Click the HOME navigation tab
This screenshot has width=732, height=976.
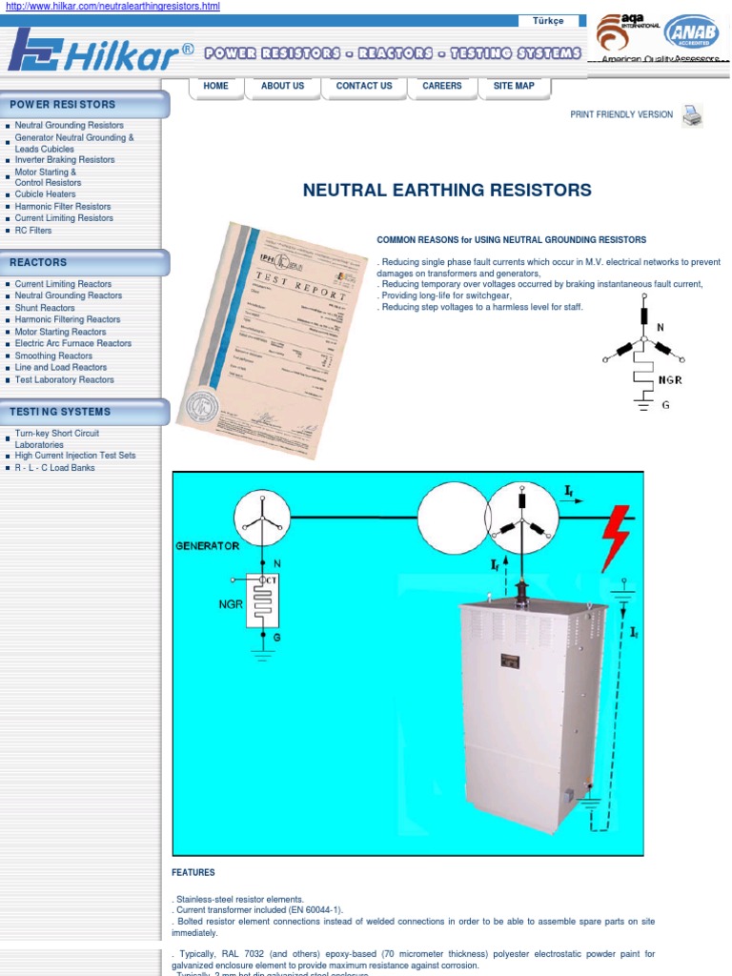(x=215, y=86)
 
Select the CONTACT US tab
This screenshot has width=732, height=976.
(x=364, y=86)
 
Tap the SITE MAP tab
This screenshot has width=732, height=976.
(x=514, y=86)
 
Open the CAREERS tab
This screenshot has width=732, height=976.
(x=441, y=86)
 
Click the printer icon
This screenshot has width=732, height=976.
(x=692, y=115)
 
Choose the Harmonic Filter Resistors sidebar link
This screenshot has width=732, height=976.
(x=63, y=207)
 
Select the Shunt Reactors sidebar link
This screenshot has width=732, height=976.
(x=45, y=308)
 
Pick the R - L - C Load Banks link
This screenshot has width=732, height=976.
(x=55, y=468)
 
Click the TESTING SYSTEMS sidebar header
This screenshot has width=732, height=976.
(x=60, y=412)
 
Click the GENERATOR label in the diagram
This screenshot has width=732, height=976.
(x=206, y=547)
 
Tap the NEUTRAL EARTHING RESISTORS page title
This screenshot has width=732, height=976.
(x=447, y=191)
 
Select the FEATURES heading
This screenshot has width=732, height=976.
(x=193, y=872)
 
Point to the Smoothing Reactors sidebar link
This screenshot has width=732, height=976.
(x=53, y=356)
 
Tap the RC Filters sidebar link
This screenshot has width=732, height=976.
(x=33, y=231)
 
